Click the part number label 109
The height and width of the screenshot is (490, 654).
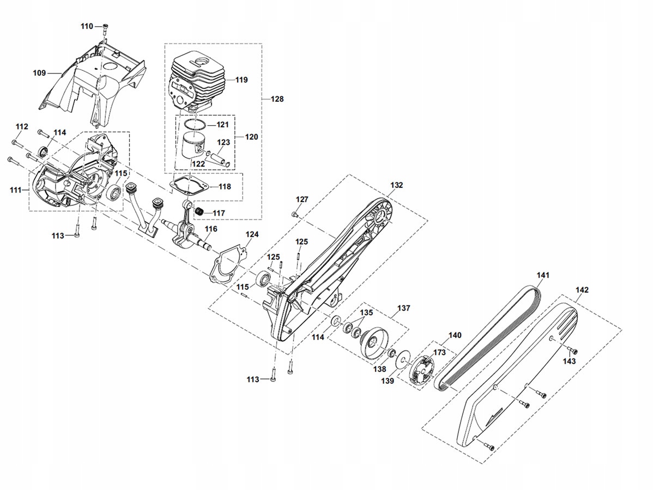click(39, 72)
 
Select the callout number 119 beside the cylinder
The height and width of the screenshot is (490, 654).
click(241, 79)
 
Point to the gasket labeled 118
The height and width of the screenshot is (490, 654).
click(187, 186)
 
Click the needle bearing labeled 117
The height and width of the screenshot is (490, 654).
click(199, 212)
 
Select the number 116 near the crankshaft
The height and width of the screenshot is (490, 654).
click(211, 229)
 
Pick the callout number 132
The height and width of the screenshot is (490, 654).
click(397, 185)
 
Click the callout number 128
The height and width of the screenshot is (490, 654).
click(277, 99)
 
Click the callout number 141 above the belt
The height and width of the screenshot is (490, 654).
click(543, 275)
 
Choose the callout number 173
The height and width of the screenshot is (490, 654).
click(439, 352)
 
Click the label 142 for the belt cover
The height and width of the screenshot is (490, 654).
click(582, 290)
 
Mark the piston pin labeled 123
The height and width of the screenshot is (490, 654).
click(219, 157)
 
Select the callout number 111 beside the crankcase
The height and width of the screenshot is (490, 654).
click(15, 189)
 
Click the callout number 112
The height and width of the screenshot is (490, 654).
click(22, 126)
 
